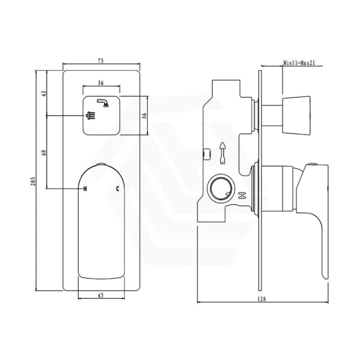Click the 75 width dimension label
(x=101, y=61)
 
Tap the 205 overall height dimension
(x=33, y=181)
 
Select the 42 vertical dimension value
(x=44, y=94)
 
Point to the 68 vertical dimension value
(x=44, y=153)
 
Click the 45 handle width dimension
(x=101, y=295)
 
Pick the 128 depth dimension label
(x=261, y=299)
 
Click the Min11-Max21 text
(x=299, y=63)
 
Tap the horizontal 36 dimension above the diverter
(x=101, y=83)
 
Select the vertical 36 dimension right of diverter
(x=144, y=116)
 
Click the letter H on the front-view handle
(x=85, y=189)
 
